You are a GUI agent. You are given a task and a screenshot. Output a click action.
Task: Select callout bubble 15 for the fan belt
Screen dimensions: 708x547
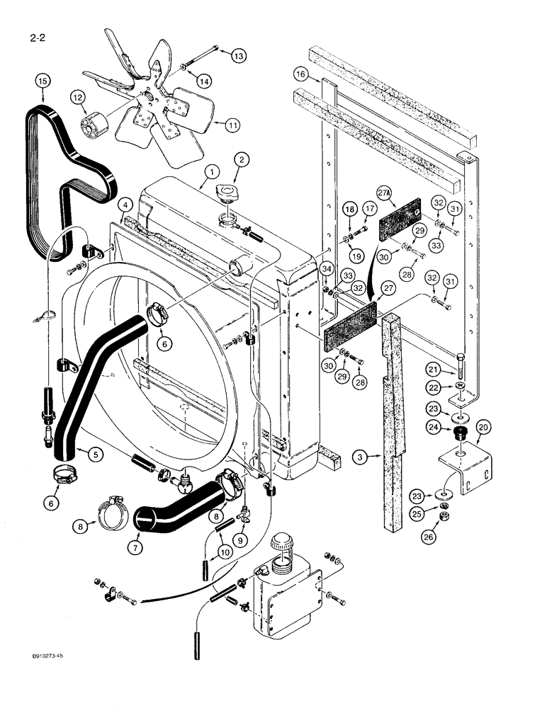coord(43,83)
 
